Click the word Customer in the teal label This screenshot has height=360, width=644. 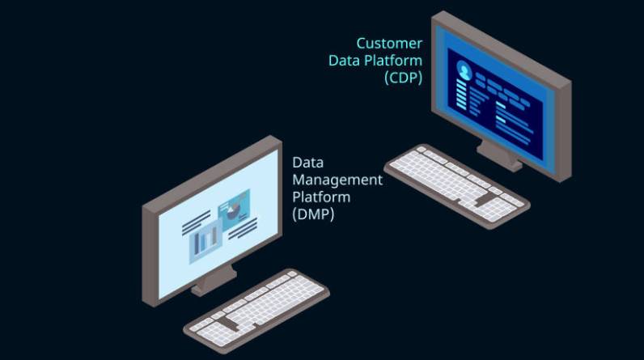click(x=389, y=43)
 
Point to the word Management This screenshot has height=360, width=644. click(x=337, y=180)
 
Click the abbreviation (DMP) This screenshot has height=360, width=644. click(x=312, y=214)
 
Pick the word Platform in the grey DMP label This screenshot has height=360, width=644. click(x=321, y=197)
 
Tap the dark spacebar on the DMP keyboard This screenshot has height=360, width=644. click(x=229, y=321)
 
